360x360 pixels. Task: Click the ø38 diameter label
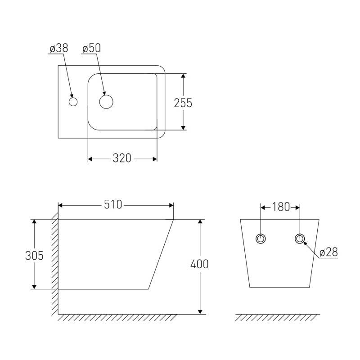(59, 48)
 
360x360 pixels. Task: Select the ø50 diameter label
(92, 48)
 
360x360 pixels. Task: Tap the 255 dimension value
(183, 103)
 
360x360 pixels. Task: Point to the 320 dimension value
(122, 158)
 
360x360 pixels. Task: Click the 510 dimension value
(113, 205)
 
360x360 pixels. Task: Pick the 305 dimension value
(34, 256)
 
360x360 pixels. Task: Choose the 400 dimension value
(199, 264)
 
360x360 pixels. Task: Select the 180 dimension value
(281, 207)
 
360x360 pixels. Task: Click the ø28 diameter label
(328, 252)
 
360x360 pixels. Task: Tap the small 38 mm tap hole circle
(73, 102)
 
